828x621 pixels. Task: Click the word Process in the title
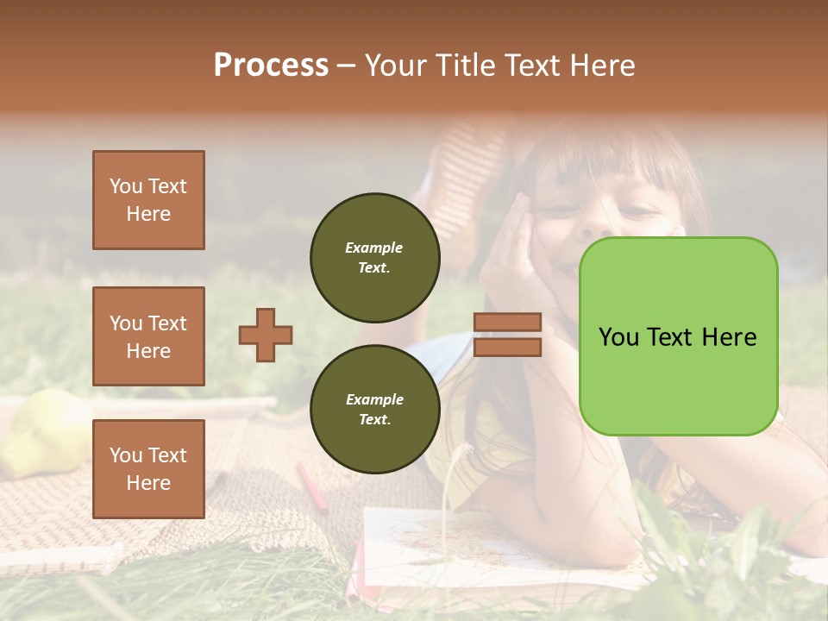click(271, 66)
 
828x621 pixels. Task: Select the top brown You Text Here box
click(148, 200)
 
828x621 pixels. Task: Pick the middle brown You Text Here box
click(148, 336)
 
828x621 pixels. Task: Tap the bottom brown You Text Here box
click(148, 469)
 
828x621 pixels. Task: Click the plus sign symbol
click(266, 335)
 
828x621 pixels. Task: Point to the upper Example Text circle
click(374, 257)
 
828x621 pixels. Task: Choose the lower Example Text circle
click(374, 409)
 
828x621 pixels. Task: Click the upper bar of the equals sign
click(507, 322)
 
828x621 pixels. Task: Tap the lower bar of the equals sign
click(507, 348)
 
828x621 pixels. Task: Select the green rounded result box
click(678, 336)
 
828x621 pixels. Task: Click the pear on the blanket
click(43, 431)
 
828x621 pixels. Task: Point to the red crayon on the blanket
click(312, 486)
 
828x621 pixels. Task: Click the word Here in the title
click(599, 66)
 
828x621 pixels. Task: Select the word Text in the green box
click(677, 337)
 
